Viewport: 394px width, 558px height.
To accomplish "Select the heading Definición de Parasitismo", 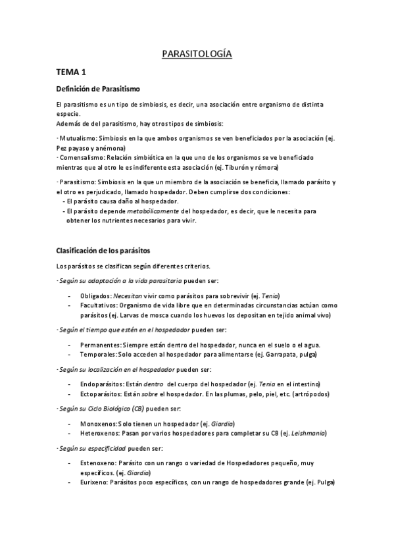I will [97, 89].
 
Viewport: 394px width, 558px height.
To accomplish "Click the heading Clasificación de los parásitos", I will [104, 250].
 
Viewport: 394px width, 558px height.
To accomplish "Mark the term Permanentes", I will [100, 345].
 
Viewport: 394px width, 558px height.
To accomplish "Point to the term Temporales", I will [98, 354].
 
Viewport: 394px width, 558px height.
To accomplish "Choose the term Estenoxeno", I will [98, 463].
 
